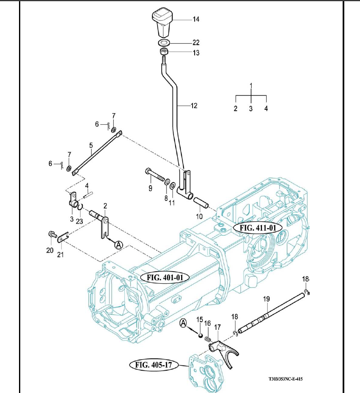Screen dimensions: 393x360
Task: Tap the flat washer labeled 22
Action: coord(165,43)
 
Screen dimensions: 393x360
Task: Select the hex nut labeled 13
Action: coord(164,52)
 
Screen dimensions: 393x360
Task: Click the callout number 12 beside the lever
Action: coord(193,106)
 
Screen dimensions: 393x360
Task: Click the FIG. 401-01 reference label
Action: coord(165,277)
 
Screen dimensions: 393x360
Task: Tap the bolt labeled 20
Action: coord(52,234)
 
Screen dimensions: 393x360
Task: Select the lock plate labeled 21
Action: coord(63,239)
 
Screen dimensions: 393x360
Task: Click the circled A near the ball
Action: coord(184,324)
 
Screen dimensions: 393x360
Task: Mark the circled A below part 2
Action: coord(119,245)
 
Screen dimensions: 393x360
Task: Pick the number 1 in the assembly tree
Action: coord(251,85)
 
